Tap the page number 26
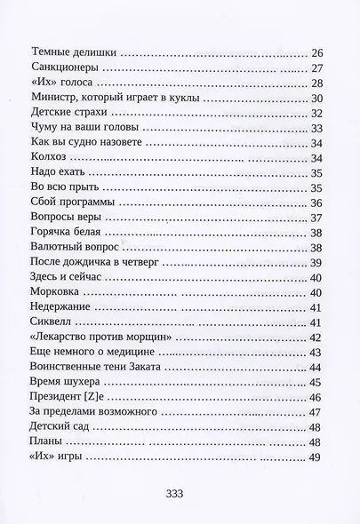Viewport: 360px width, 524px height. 318,53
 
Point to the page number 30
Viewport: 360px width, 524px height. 318,99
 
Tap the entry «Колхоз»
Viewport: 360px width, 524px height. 49,159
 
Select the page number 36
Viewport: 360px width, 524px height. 318,203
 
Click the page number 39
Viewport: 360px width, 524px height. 318,264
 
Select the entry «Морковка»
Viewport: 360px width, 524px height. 58,293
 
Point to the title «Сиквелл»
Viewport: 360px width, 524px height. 53,323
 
